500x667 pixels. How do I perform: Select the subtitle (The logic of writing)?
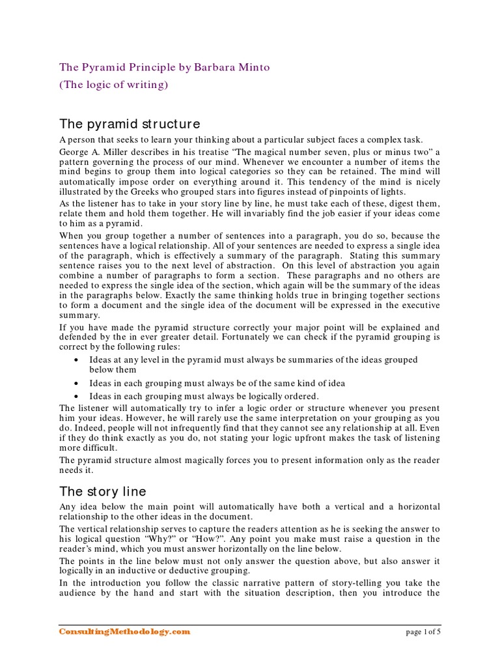(x=114, y=85)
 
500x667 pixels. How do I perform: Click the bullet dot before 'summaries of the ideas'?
(x=78, y=360)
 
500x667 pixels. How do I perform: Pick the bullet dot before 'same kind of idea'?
(x=78, y=383)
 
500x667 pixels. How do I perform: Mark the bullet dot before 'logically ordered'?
(x=78, y=396)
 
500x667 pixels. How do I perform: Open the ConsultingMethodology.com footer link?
(x=125, y=631)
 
